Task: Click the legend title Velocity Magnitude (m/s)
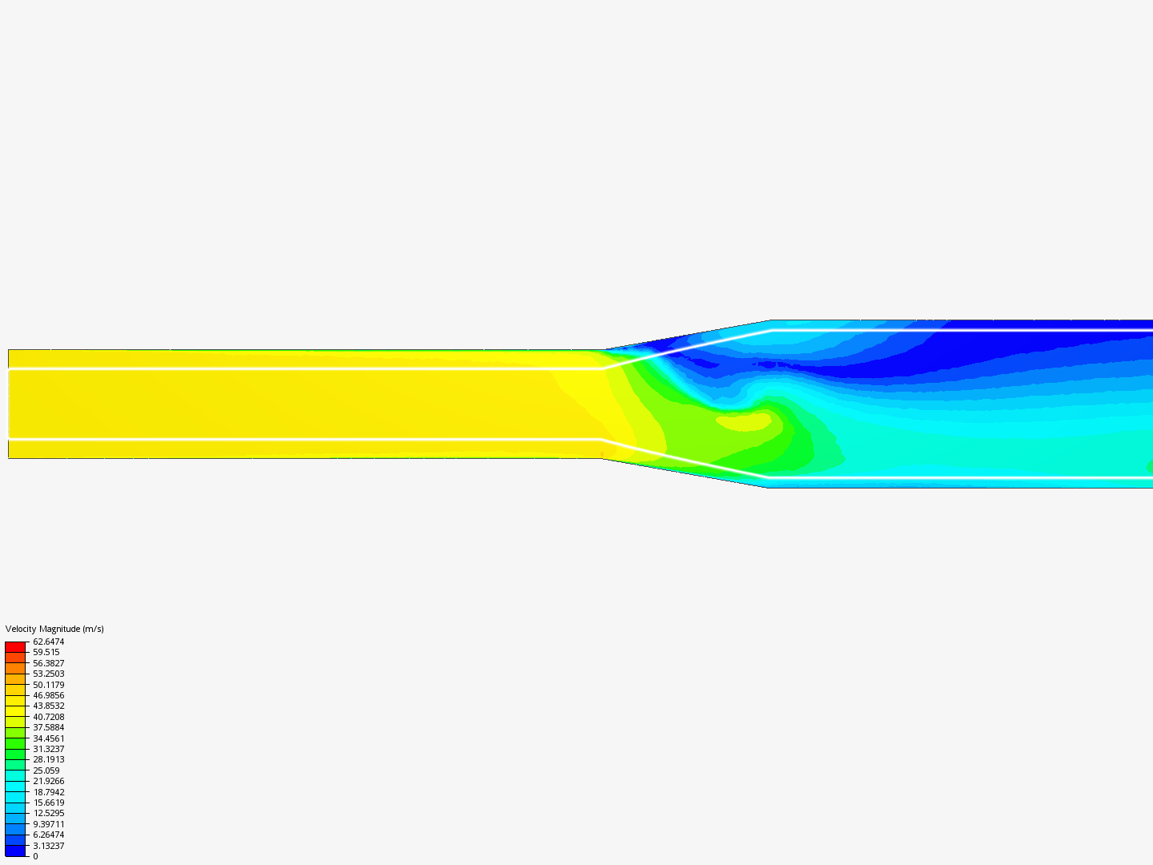[x=54, y=629]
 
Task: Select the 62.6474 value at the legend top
[x=48, y=642]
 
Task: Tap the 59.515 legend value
[x=46, y=652]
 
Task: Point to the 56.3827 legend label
[x=48, y=663]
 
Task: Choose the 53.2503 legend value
[x=48, y=674]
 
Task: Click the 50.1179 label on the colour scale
[x=48, y=685]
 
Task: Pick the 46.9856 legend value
[x=48, y=695]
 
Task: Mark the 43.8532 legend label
[x=48, y=706]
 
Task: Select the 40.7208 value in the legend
[x=48, y=717]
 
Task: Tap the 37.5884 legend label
[x=48, y=727]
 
